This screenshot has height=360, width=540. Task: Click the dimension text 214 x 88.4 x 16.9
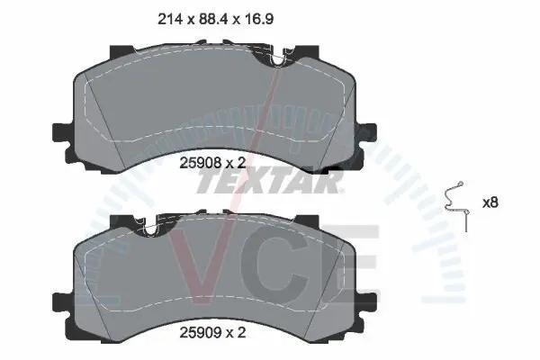(216, 19)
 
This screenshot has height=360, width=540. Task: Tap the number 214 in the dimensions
(170, 19)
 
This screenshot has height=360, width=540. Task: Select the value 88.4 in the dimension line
(213, 19)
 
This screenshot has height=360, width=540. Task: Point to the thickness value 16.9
(259, 19)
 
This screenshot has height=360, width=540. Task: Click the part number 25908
(201, 163)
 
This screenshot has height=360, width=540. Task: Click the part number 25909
(201, 332)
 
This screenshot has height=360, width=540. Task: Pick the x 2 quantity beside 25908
(236, 163)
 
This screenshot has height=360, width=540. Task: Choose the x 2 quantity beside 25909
(236, 332)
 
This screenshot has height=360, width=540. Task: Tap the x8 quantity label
(490, 202)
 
